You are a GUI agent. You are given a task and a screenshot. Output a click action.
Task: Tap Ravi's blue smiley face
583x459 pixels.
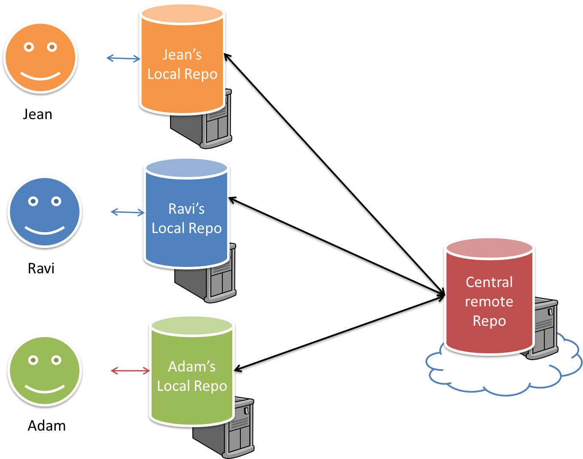point(45,212)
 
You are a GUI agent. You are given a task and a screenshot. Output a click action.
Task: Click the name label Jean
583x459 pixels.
point(38,114)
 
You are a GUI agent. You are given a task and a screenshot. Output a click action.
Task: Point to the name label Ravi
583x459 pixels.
point(41,268)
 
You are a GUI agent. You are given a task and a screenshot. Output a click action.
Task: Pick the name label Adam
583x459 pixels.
point(47,425)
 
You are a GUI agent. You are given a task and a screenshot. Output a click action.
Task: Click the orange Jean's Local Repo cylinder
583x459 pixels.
point(182,64)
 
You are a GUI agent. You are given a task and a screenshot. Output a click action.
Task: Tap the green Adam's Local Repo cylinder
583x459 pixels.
point(191,376)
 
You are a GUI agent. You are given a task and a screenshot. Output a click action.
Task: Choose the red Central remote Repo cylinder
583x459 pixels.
point(489,301)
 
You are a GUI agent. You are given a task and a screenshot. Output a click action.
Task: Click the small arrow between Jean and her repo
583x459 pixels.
point(123,58)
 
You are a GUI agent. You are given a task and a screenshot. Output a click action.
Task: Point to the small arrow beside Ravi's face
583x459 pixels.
point(128,211)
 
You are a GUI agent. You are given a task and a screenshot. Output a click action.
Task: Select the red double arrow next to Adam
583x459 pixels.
point(130,370)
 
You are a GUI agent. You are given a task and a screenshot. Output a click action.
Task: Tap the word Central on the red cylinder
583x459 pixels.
point(489,282)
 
